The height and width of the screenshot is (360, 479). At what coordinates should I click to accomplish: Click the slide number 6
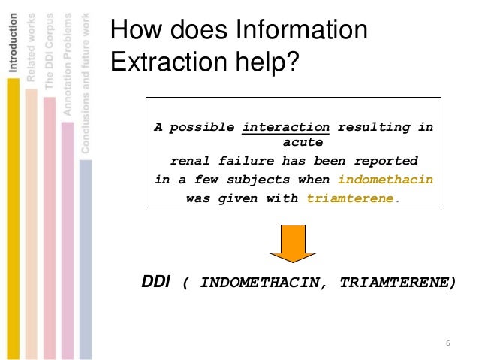(x=447, y=344)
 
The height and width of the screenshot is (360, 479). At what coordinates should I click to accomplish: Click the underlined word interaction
(x=287, y=127)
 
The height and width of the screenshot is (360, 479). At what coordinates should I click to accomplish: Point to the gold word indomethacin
(x=385, y=180)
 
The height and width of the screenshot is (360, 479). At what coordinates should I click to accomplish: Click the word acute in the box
(x=303, y=141)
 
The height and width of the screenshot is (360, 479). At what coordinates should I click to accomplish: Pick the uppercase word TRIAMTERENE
(x=397, y=283)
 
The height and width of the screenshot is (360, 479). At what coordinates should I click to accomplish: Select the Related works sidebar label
(x=31, y=47)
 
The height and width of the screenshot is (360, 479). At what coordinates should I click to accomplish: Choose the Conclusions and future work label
(x=85, y=82)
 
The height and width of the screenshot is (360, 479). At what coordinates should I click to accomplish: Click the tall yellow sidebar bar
(x=13, y=218)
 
